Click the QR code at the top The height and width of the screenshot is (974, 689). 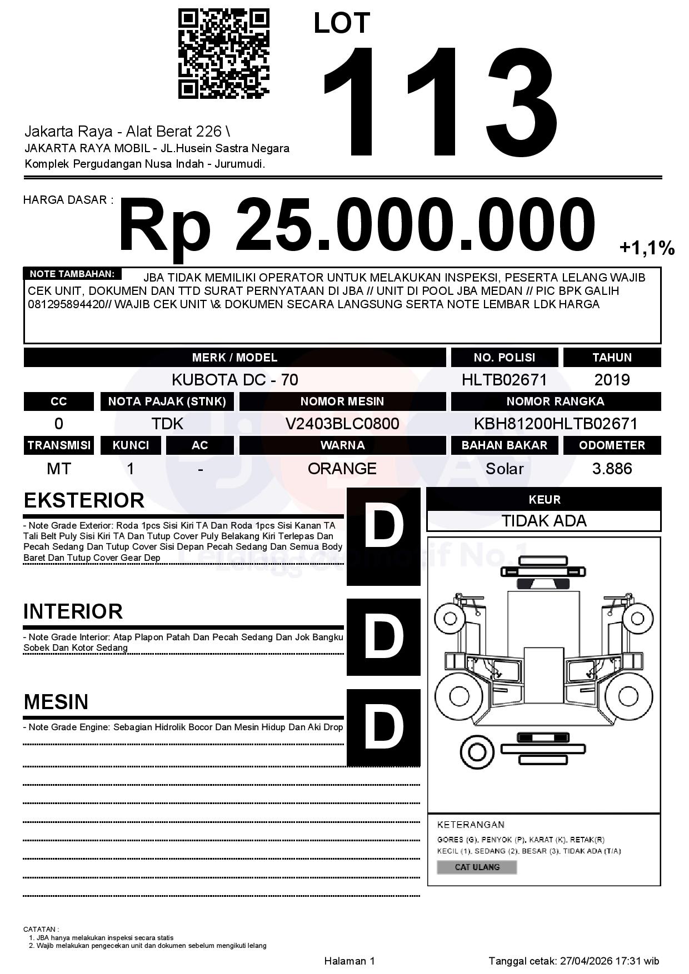coord(223,54)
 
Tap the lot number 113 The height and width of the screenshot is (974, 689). coord(439,103)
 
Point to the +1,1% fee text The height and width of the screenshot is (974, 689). coord(647,248)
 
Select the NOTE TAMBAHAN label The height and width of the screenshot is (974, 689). coord(72,274)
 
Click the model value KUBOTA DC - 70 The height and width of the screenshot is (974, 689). coord(234,380)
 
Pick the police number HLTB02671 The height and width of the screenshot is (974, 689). coord(504,380)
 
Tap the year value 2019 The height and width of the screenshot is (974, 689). coord(612,380)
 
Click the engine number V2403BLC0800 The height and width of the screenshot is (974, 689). coord(342,424)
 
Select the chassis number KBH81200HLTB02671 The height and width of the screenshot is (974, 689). coord(555,424)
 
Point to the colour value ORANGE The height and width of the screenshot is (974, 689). coord(342,469)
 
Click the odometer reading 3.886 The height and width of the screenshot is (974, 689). coord(612,469)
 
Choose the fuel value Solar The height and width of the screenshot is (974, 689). coord(504,469)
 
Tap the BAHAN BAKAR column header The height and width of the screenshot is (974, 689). coord(504,445)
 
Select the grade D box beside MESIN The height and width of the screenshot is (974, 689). coord(383,727)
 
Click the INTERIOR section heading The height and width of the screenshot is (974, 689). coord(73,611)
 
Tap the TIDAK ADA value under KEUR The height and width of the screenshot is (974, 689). coord(544,521)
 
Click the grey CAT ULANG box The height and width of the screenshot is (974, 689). coord(477,867)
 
